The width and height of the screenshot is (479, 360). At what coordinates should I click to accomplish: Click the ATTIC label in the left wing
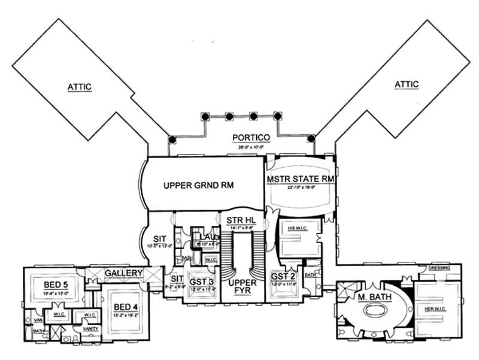[x=79, y=87]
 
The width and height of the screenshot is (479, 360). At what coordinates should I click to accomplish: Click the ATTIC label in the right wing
[x=407, y=84]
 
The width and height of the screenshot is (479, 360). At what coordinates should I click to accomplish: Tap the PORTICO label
[x=252, y=138]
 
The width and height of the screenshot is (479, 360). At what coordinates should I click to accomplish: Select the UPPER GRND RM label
[x=198, y=186]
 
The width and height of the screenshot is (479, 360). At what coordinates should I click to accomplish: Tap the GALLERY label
[x=124, y=274]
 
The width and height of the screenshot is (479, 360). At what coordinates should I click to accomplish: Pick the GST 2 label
[x=283, y=276]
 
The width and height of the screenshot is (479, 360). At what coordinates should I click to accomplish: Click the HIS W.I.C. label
[x=293, y=228]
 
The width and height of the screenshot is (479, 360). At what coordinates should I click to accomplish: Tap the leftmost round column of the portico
[x=172, y=138]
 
